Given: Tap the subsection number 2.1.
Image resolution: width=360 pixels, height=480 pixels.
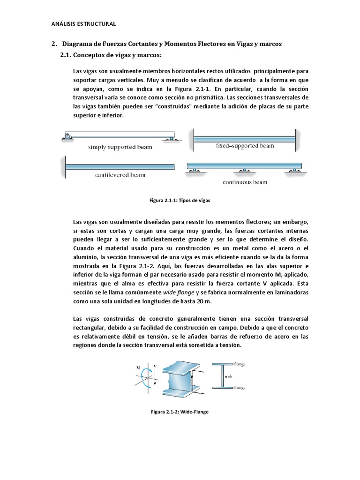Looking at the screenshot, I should coord(68,56).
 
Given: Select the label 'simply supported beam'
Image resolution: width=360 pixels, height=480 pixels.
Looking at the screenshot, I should coord(120,147).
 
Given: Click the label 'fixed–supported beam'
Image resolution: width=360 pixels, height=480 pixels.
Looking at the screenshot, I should coord(245,146).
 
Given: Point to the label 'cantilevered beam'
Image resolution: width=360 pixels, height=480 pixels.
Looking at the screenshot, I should coord(120,175).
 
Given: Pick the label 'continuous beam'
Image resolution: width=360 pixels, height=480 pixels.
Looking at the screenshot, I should coord(245,182).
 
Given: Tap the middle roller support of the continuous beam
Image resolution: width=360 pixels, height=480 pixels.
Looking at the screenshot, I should coord(244,171).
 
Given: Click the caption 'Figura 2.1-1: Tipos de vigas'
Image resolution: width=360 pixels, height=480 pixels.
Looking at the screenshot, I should coord(180,200).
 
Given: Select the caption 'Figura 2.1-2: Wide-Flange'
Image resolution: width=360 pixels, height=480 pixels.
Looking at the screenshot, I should coord(180,411).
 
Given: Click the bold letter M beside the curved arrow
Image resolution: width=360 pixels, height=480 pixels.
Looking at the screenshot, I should coord(138,368).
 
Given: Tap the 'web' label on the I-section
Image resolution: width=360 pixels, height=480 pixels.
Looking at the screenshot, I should coord(229,376).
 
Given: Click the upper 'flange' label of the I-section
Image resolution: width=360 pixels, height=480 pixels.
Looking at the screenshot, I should coord(240,364).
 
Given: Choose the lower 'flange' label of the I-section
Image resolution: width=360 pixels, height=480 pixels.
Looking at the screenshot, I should coord(240,388).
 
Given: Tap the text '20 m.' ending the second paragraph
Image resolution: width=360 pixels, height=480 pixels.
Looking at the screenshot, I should coord(197,300).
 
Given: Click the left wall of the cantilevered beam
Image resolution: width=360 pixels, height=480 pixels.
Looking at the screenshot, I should coord(62,166).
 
